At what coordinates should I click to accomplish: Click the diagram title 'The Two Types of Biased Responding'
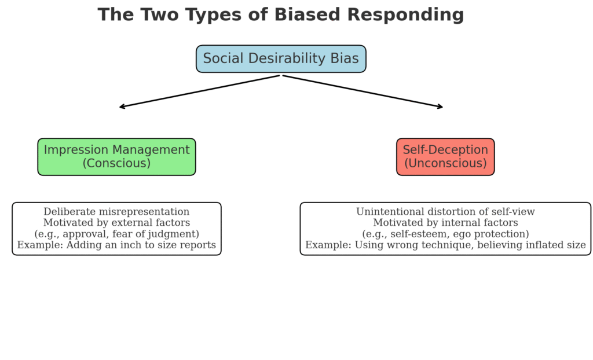[281, 14]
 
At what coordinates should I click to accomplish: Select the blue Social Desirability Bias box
[281, 59]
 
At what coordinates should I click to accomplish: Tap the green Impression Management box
[116, 157]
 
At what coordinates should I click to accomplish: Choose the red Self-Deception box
[445, 157]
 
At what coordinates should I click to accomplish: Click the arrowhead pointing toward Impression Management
[122, 106]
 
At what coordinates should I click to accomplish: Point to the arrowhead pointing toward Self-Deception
[441, 106]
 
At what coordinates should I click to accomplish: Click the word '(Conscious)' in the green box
[116, 164]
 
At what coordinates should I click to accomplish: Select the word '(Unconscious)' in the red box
[445, 164]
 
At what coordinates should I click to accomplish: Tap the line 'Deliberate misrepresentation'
[116, 212]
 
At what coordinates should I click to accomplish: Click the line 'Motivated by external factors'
[116, 223]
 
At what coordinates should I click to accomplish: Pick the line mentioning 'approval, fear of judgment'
[116, 234]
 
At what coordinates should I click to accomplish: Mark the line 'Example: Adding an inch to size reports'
[116, 245]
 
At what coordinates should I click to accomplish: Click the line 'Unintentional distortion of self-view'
[445, 212]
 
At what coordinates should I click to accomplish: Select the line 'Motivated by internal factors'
[445, 223]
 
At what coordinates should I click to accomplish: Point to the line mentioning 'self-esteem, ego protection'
[445, 234]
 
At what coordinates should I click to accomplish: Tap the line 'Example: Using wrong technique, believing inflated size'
[445, 245]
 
